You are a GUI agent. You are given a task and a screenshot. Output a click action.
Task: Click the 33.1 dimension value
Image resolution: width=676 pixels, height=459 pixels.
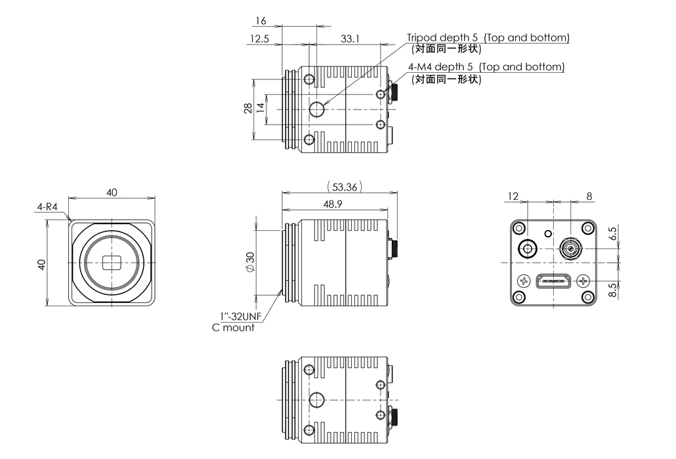(x=350, y=39)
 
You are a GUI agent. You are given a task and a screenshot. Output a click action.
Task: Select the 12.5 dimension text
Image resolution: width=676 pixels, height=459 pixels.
(x=259, y=39)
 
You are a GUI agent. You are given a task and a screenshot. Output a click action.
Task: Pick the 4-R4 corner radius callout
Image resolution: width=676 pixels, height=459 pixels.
(x=47, y=207)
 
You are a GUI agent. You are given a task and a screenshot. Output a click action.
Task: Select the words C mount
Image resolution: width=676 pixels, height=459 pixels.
(x=233, y=327)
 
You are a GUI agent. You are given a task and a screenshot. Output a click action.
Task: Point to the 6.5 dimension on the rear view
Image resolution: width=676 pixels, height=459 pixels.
(x=613, y=235)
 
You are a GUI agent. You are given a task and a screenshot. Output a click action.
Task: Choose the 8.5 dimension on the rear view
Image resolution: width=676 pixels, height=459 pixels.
(x=613, y=289)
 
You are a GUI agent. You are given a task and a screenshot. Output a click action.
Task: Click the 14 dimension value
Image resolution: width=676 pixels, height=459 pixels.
(x=261, y=109)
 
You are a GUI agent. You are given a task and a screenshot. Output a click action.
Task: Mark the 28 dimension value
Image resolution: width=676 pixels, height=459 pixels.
(x=247, y=108)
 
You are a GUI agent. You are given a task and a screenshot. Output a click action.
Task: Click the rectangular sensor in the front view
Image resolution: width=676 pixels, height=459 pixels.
(x=112, y=262)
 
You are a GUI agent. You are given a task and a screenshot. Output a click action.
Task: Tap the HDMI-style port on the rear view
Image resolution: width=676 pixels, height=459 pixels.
(x=553, y=281)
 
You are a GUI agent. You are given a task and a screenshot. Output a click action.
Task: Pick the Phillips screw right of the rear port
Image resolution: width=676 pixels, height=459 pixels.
(x=583, y=281)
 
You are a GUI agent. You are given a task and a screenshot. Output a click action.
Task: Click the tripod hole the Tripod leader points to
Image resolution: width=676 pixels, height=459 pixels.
(x=317, y=109)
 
